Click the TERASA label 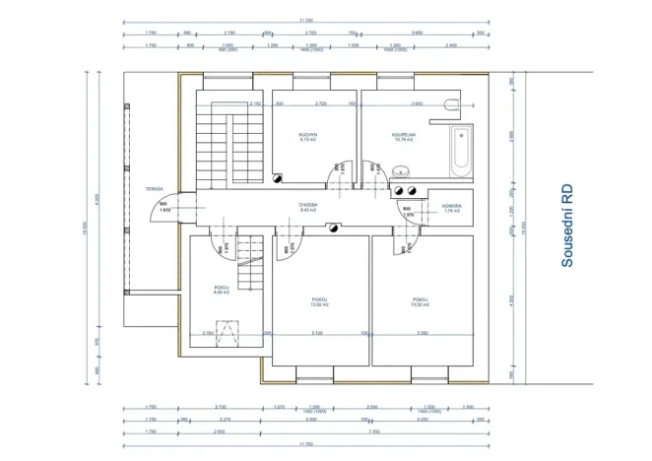point(154,187)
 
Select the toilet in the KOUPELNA point(451,103)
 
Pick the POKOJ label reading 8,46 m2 point(221,291)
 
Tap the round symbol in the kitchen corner point(279,179)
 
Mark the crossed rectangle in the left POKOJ point(231,334)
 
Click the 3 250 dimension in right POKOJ point(422,334)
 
